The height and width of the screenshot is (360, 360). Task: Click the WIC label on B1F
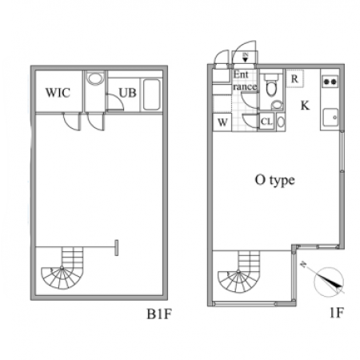(x=58, y=93)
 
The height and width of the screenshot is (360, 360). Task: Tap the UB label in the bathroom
(x=127, y=93)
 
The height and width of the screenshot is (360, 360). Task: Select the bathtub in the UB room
(x=152, y=94)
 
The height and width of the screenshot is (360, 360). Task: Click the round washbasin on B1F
(x=94, y=78)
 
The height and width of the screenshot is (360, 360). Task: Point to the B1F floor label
(x=159, y=314)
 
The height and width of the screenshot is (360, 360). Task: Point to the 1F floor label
(x=337, y=313)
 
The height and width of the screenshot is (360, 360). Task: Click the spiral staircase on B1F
(x=62, y=268)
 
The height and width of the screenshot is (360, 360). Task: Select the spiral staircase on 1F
(x=239, y=272)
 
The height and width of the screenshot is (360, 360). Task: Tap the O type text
(x=275, y=181)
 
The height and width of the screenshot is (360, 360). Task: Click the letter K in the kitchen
(x=305, y=106)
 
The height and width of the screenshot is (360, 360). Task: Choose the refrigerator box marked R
(x=294, y=78)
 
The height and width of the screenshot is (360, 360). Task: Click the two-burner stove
(x=330, y=82)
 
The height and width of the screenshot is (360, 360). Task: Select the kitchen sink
(x=330, y=118)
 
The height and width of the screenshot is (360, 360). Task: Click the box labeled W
(x=222, y=122)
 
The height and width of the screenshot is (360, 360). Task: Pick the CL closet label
(x=266, y=122)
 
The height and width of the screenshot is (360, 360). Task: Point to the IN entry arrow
(x=245, y=58)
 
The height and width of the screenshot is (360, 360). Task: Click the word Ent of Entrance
(x=241, y=75)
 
